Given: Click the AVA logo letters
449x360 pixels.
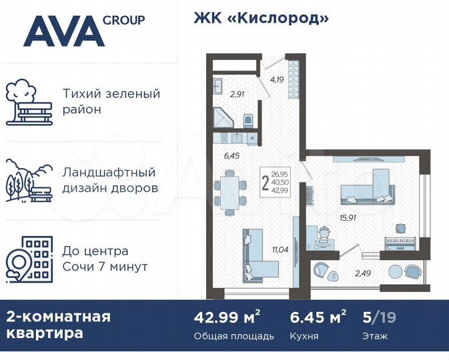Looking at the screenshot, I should click(x=63, y=31).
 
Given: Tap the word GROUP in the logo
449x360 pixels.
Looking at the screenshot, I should click(x=123, y=20).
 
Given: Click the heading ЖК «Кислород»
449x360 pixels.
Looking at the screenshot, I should click(x=261, y=19).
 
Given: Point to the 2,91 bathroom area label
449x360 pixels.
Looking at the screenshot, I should click(x=236, y=94).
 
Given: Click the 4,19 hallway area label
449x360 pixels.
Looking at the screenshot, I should click(x=277, y=79).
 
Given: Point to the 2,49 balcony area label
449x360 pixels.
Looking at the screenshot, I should click(x=362, y=272).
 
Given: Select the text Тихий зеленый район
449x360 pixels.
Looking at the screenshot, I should click(x=111, y=101).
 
